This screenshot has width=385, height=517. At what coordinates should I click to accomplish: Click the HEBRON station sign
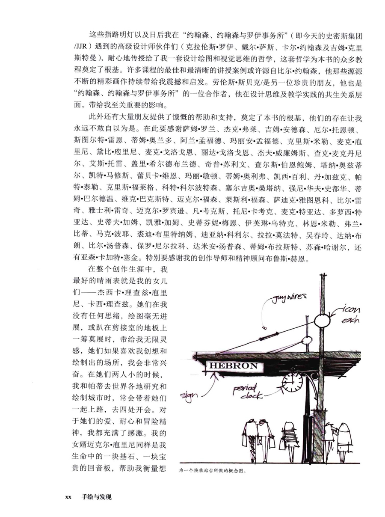pos(233,366)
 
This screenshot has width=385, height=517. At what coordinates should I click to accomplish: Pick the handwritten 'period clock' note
pos(244,392)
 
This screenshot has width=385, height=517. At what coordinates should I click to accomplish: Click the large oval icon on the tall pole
pos(323,320)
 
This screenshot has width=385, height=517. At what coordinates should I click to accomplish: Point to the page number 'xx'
pos(68,497)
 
